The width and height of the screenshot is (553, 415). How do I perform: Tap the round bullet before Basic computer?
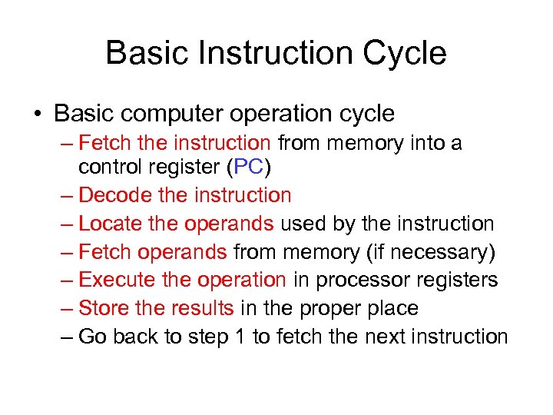coord(37,115)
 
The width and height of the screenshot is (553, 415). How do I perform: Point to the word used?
coord(305,224)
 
